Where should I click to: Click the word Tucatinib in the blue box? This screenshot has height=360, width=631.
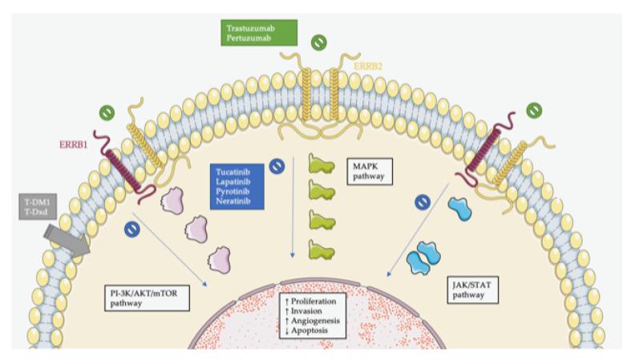(x=232, y=171)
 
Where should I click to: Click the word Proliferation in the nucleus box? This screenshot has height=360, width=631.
(x=317, y=301)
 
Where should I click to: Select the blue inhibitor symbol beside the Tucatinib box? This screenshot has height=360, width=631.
(x=277, y=166)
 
